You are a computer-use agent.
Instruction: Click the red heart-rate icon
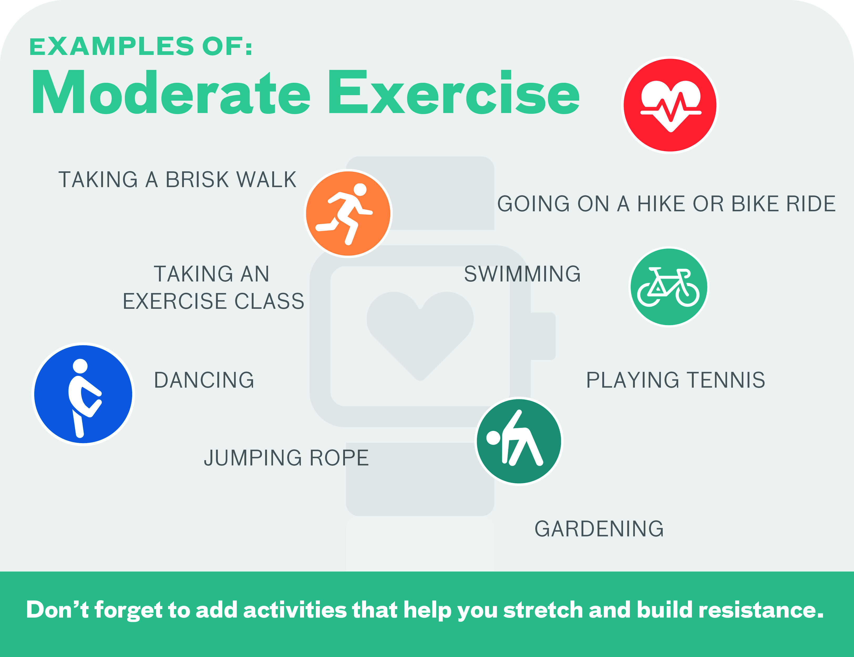click(670, 105)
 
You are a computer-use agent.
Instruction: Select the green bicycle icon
click(669, 287)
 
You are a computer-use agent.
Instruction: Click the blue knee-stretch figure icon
click(83, 394)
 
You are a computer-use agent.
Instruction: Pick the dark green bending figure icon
click(519, 441)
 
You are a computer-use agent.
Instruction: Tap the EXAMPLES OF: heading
click(141, 46)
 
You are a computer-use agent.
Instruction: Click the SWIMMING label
click(522, 274)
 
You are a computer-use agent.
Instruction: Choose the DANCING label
click(204, 380)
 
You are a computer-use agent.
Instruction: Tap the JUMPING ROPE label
click(286, 458)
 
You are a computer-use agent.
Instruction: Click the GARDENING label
click(599, 529)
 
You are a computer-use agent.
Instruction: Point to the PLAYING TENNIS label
click(676, 380)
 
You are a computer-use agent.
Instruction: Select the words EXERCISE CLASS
click(213, 301)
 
